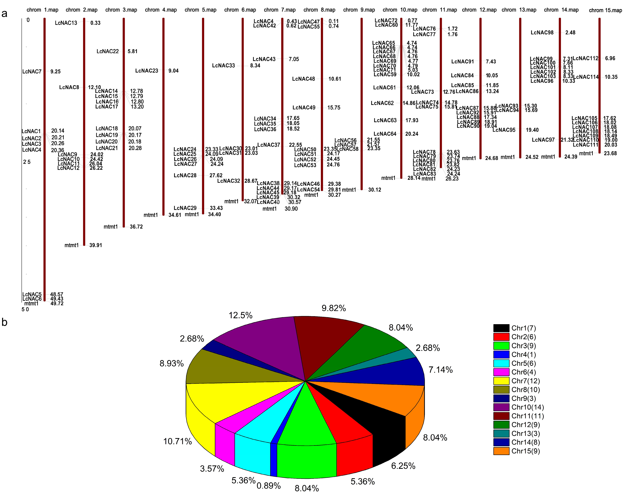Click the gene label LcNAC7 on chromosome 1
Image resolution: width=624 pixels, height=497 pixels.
point(32,71)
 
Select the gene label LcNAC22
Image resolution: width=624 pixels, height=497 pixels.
point(108,51)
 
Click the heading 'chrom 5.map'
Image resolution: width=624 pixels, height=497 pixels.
point(201,10)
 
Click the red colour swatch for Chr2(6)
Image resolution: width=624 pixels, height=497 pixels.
point(501,337)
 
